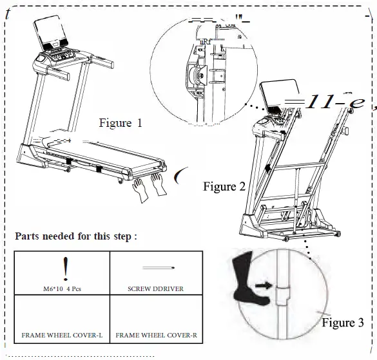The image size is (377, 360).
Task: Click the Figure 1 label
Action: [x=120, y=122]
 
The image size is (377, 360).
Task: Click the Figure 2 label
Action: [x=224, y=187]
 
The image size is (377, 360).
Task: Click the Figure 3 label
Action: [x=342, y=322]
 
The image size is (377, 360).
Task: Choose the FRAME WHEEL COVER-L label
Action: [x=63, y=336]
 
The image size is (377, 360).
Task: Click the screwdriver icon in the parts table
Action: [x=158, y=266]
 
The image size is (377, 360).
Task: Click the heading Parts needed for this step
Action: [x=76, y=236]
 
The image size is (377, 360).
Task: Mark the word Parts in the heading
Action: [x=28, y=236]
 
